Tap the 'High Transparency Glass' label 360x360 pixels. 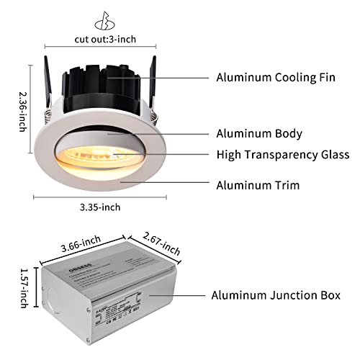283,155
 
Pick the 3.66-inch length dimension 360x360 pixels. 79,246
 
